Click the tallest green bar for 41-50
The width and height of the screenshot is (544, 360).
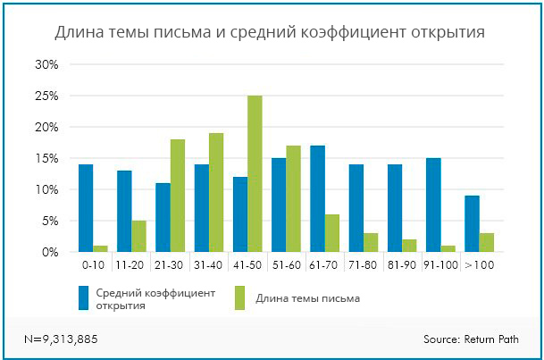pyautogui.click(x=255, y=174)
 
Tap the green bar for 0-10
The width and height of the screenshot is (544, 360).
pyautogui.click(x=100, y=248)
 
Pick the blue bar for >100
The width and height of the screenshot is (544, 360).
pyautogui.click(x=472, y=224)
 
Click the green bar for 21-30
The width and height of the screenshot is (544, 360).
pyautogui.click(x=177, y=196)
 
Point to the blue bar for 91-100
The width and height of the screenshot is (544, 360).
pyautogui.click(x=433, y=205)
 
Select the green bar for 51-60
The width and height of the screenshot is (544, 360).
pyautogui.click(x=293, y=199)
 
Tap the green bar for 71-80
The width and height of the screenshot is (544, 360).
pyautogui.click(x=371, y=243)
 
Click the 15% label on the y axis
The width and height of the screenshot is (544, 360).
pyautogui.click(x=46, y=159)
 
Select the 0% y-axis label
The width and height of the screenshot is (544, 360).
pyautogui.click(x=49, y=253)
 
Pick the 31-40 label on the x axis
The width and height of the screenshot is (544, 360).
pyautogui.click(x=208, y=266)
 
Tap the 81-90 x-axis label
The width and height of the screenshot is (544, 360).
pyautogui.click(x=401, y=266)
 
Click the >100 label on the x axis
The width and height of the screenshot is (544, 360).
pyautogui.click(x=479, y=266)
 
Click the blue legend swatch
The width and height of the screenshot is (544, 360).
pyautogui.click(x=84, y=298)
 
